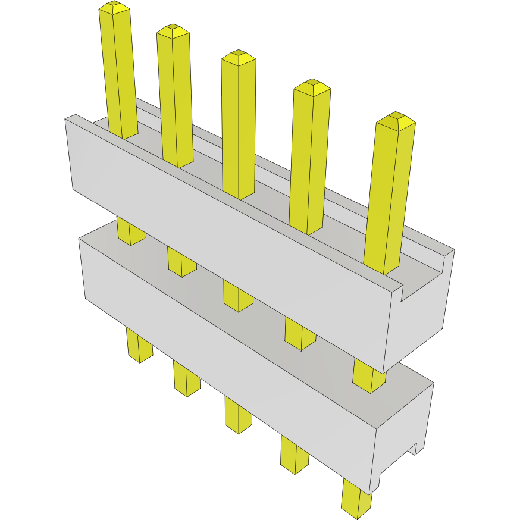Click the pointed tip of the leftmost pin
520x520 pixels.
[114, 7]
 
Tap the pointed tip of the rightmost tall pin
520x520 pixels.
[396, 121]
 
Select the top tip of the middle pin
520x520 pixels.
[239, 58]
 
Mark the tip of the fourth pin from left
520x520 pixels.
[312, 87]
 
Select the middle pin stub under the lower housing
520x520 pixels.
[238, 415]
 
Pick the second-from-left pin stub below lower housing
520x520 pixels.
[186, 378]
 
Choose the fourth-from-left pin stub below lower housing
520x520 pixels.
[295, 455]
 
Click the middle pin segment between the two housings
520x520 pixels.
[238, 296]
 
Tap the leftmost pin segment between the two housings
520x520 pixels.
[130, 231]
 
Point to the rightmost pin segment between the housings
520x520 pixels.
[369, 375]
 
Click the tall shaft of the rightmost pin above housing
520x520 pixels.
[389, 196]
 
